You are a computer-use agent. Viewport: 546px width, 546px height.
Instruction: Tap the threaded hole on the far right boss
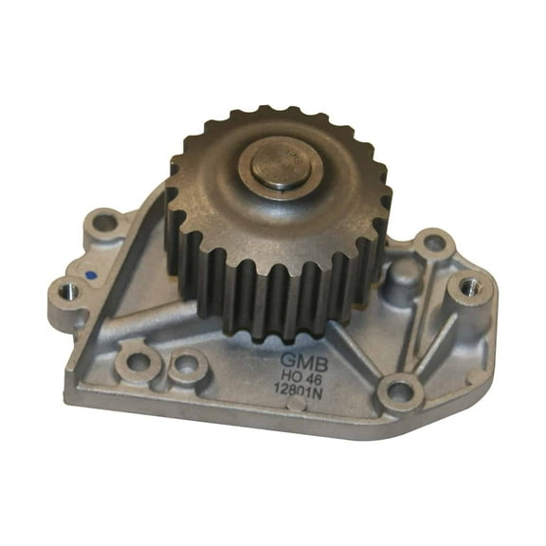tap(469, 285)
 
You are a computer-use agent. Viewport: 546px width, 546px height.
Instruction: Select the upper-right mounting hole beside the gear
tap(434, 244)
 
